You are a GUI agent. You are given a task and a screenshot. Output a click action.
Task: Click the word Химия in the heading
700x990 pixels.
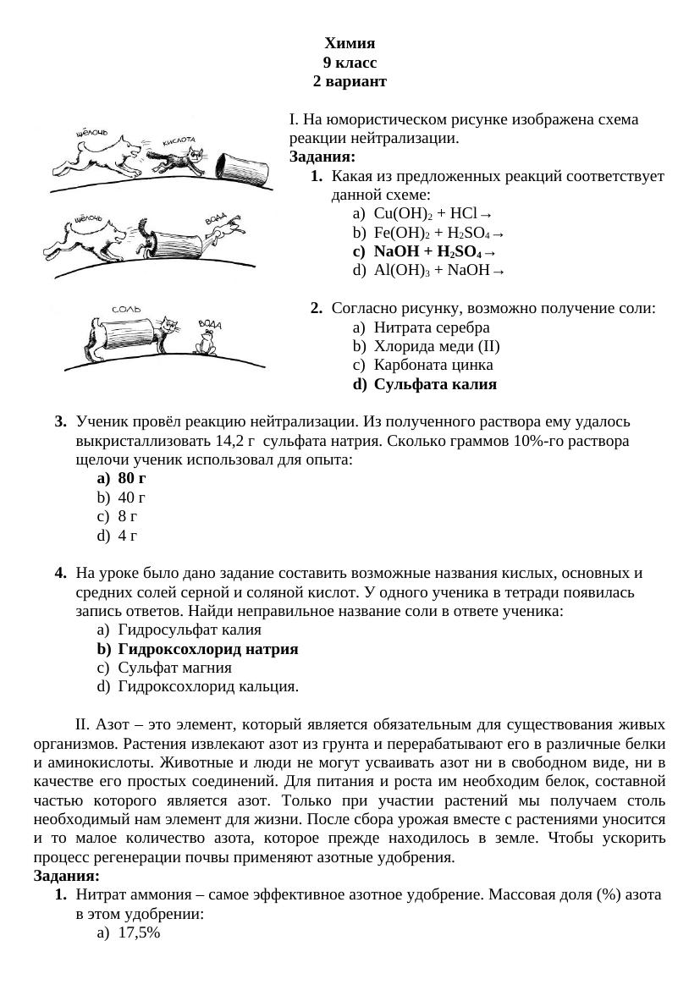349,43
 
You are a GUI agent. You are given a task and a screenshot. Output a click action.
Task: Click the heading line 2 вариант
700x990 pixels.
349,82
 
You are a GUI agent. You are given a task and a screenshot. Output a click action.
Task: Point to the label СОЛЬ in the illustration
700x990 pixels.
127,310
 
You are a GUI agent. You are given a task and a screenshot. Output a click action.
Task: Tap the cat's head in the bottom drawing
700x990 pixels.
173,325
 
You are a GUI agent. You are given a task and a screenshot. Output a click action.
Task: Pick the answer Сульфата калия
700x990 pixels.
434,384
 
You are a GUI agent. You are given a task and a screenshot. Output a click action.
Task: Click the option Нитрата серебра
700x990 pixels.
431,327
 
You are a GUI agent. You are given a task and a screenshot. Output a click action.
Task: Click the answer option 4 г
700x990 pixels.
127,536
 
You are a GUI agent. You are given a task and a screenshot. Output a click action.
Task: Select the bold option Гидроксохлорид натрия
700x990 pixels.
207,649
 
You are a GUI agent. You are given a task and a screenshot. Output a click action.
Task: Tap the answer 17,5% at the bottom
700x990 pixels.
140,932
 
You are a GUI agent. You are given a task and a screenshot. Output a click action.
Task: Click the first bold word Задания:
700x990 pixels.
322,157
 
